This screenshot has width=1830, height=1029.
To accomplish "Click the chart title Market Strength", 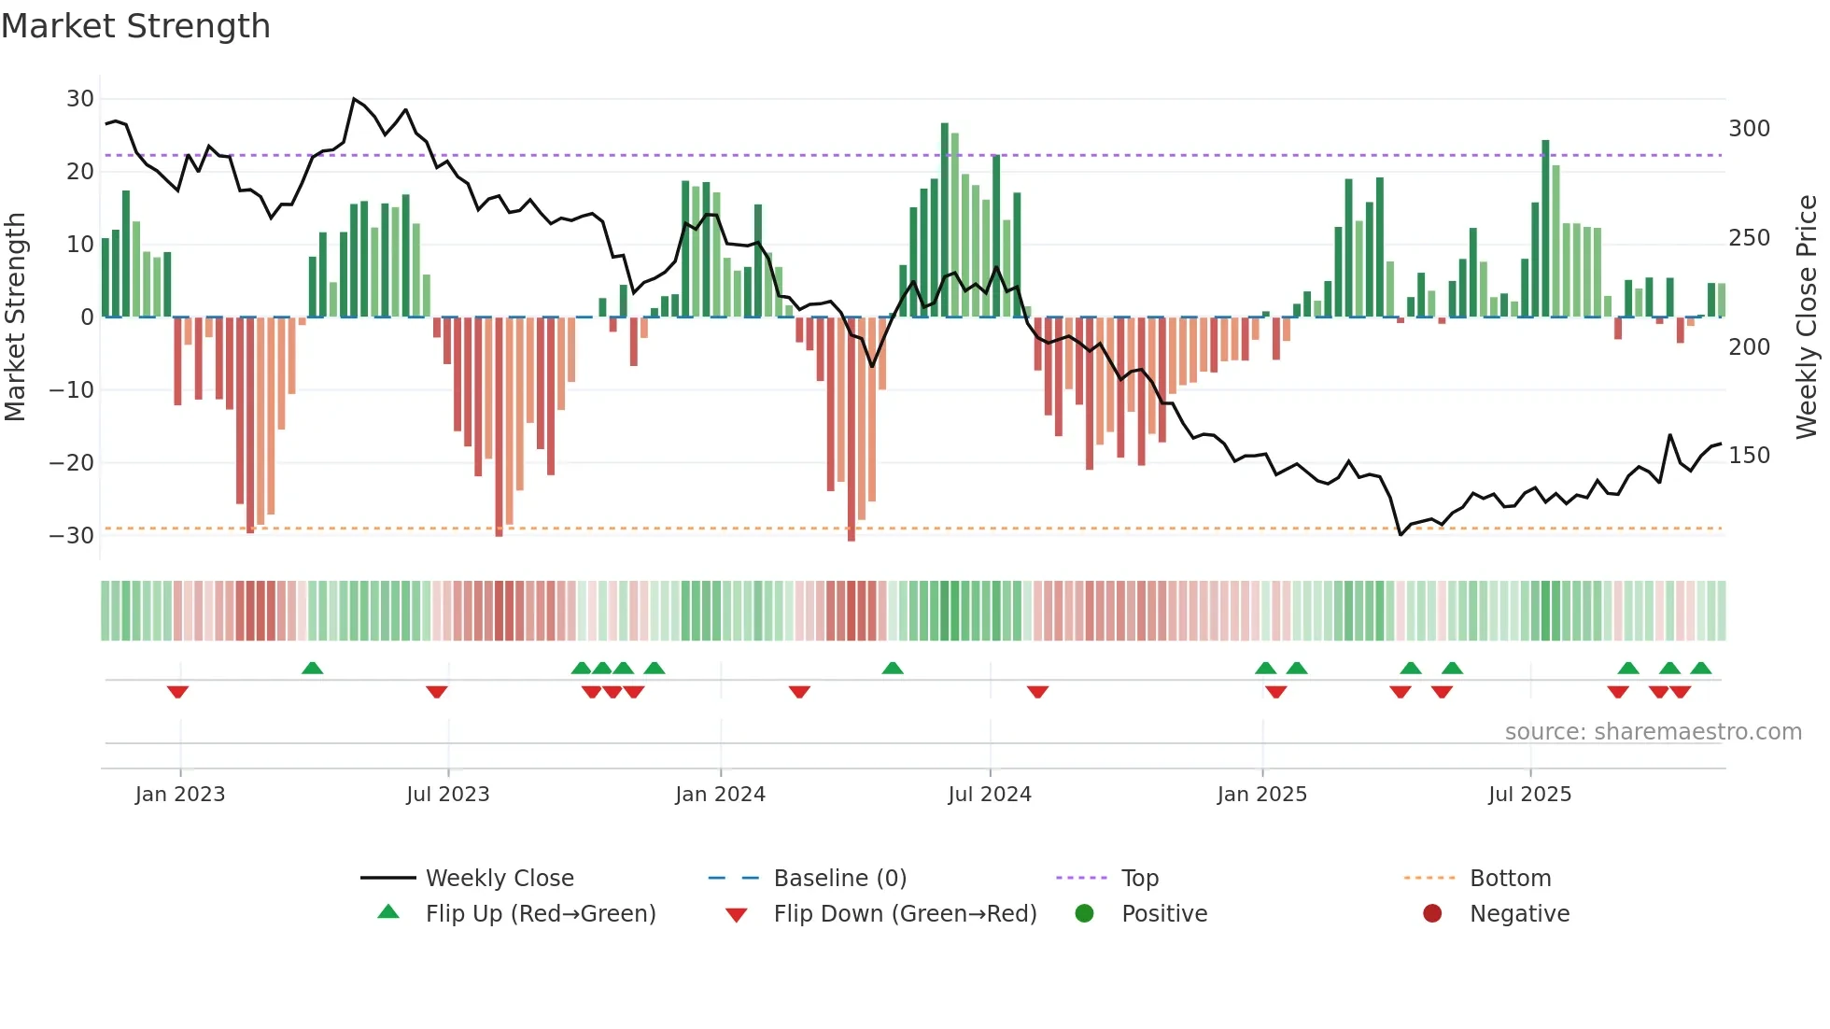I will [135, 26].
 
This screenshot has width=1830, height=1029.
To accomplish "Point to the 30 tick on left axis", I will [80, 99].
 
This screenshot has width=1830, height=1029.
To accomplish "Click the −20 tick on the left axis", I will [72, 463].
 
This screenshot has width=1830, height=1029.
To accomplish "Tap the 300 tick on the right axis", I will [1749, 129].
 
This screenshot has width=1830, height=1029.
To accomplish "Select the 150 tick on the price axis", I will [1749, 456].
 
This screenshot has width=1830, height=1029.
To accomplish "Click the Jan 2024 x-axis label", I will [720, 795].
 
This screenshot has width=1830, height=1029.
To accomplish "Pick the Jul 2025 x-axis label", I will [1529, 795].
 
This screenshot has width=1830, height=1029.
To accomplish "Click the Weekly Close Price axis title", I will [1807, 317].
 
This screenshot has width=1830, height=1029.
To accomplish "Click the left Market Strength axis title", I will [15, 317].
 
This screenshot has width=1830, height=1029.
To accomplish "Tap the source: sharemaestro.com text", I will [1653, 732].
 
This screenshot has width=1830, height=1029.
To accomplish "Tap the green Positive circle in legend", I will [1084, 913].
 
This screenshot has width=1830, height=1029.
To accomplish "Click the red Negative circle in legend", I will [1432, 913].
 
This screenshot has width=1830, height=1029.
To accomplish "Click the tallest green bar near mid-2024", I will [945, 219].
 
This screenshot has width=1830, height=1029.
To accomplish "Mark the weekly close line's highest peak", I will [354, 99].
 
